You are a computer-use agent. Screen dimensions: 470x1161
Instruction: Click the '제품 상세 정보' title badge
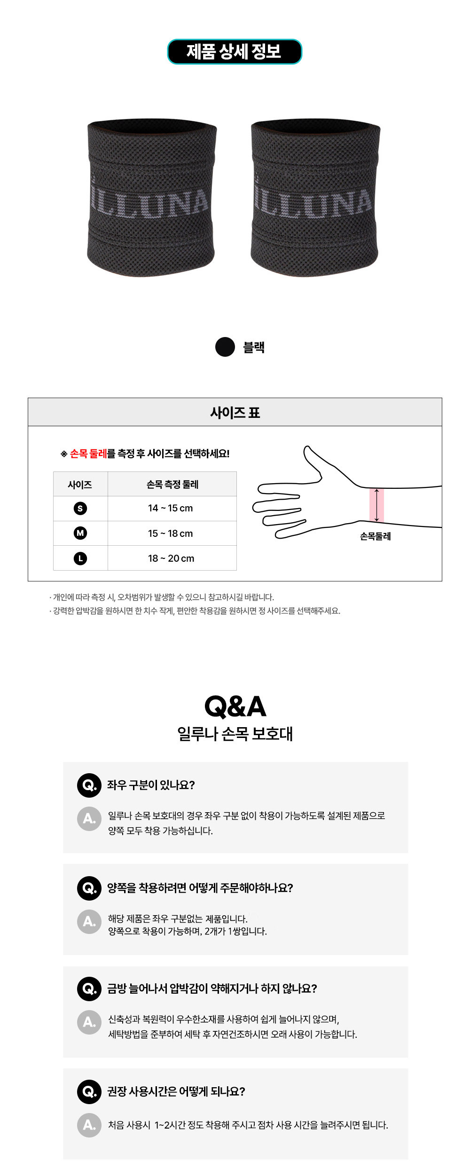[x=235, y=52]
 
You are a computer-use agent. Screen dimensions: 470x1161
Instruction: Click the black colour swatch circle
[x=225, y=347]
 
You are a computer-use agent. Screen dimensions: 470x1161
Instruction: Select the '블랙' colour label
[x=254, y=347]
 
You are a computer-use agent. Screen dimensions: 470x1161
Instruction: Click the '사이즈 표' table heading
[x=235, y=412]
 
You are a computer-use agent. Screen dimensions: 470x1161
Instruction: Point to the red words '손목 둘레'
[x=88, y=454]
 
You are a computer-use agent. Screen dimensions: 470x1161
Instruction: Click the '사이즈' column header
[x=80, y=484]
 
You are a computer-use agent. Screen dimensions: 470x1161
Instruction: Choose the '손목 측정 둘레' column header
[x=172, y=484]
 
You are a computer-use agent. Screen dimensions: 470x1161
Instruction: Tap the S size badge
[x=80, y=508]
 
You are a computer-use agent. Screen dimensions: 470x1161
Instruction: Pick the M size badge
[x=80, y=533]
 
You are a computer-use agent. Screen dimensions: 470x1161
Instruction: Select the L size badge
[x=80, y=558]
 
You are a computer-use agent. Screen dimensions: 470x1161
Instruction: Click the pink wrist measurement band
[x=376, y=505]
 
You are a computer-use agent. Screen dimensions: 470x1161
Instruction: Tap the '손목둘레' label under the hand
[x=376, y=536]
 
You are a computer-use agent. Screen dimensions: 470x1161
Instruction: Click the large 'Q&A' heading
[x=235, y=706]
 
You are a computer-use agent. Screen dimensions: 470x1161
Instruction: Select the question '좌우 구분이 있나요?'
[x=151, y=784]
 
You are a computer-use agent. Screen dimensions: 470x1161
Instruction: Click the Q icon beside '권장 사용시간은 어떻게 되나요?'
[x=89, y=1091]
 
